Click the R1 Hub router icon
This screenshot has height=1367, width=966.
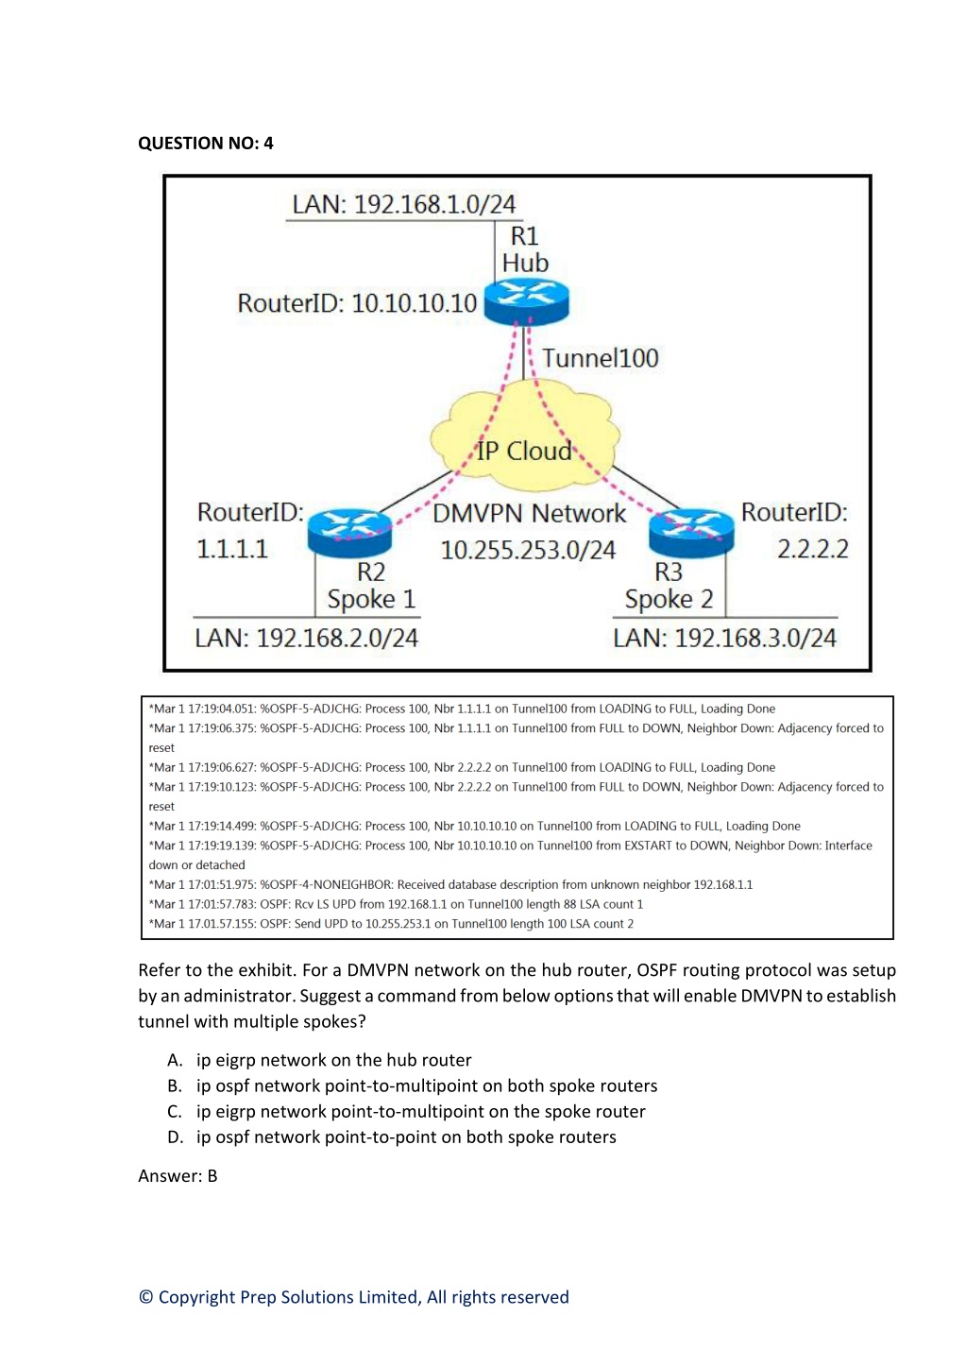(x=526, y=302)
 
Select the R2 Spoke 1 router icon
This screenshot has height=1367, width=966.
(x=350, y=533)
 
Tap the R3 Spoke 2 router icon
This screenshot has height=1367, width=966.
(x=691, y=533)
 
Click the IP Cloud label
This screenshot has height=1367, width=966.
(x=524, y=451)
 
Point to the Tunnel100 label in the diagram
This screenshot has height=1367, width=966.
(x=601, y=358)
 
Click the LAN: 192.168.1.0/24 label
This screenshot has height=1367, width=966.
(x=404, y=204)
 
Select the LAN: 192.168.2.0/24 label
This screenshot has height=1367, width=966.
(x=306, y=638)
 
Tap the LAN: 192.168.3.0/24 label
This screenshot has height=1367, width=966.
(x=724, y=638)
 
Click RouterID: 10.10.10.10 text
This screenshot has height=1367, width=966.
(x=357, y=302)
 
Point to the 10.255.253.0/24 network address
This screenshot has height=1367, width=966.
(x=528, y=550)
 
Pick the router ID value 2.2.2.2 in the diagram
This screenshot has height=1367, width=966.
(x=812, y=549)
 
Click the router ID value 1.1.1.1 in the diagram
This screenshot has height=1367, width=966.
(x=231, y=549)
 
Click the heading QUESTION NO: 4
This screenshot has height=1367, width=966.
(x=206, y=143)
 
